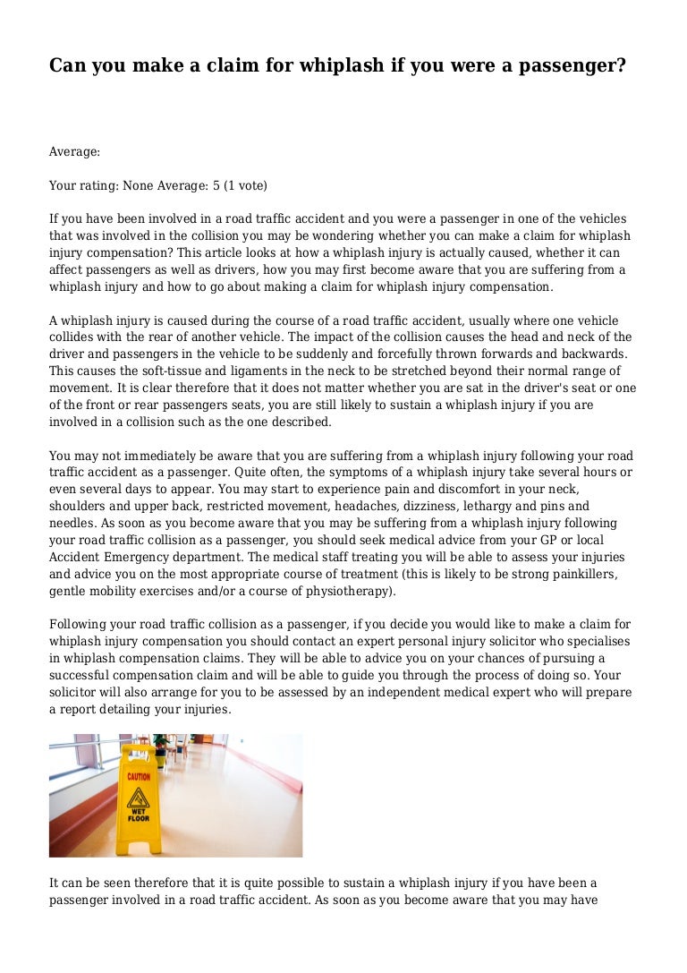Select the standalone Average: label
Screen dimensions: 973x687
pyautogui.click(x=74, y=152)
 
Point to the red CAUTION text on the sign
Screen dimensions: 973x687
pyautogui.click(x=138, y=777)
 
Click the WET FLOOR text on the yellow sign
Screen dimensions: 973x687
pyautogui.click(x=138, y=815)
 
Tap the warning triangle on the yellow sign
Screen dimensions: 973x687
pyautogui.click(x=138, y=795)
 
